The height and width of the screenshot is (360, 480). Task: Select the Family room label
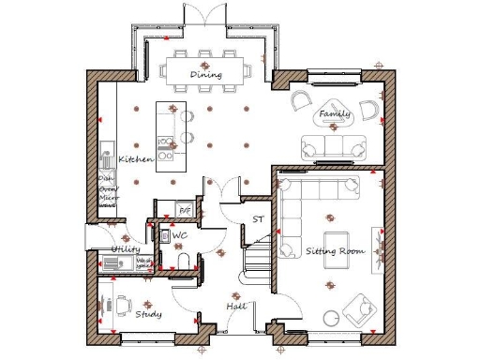(334, 114)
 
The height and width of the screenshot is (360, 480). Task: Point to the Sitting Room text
(334, 251)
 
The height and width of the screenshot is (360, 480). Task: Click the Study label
(147, 314)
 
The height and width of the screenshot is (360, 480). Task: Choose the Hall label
(236, 307)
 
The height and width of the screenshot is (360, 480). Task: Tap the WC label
(179, 236)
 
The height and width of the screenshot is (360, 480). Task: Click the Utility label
(126, 249)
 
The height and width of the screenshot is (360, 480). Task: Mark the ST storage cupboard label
(258, 220)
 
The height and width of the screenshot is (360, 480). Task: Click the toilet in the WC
(181, 262)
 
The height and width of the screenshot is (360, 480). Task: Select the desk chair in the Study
(123, 302)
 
